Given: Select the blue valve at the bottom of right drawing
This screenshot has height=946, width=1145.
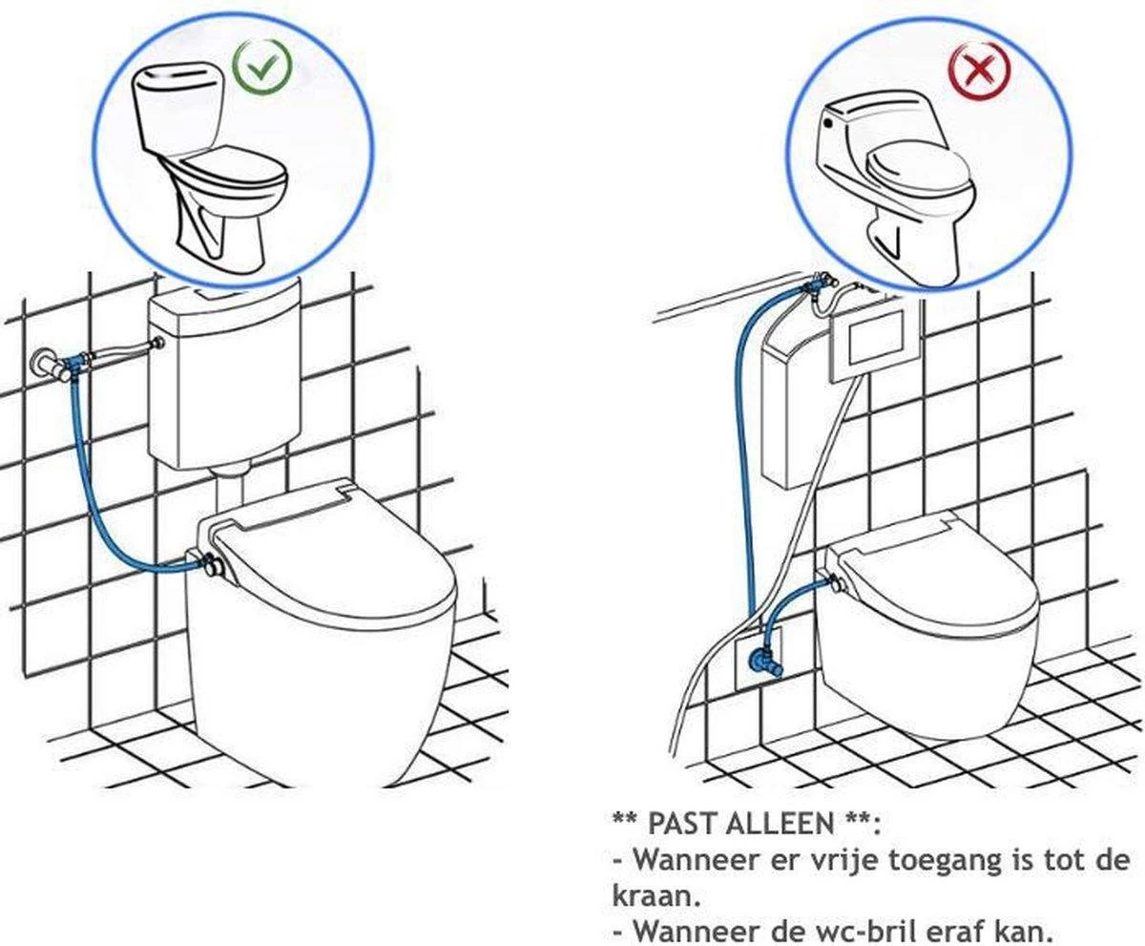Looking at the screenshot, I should pos(760,660).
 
